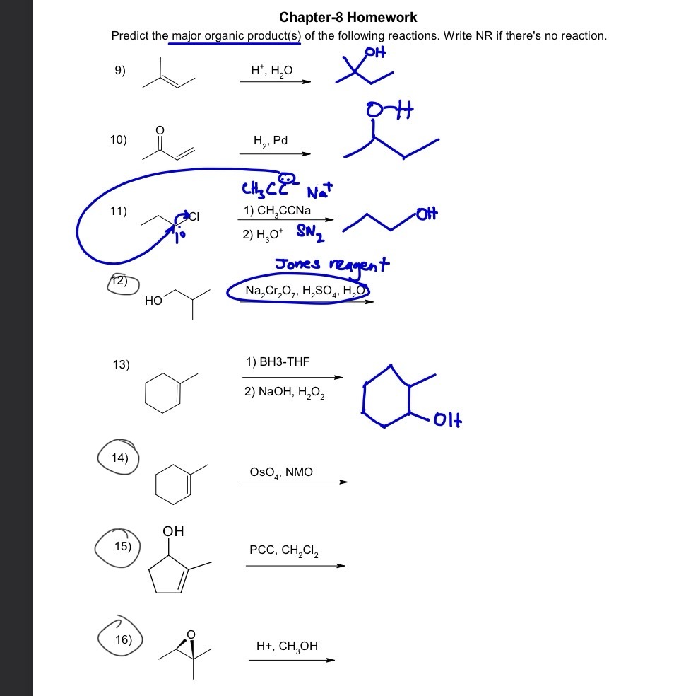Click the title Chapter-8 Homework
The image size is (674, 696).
(x=348, y=17)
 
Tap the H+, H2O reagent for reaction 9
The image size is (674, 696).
(x=271, y=70)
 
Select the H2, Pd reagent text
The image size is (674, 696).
(x=270, y=141)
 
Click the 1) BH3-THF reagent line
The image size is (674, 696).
(x=278, y=362)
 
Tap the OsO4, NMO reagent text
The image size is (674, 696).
(x=280, y=472)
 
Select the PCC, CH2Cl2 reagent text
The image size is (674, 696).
(x=284, y=551)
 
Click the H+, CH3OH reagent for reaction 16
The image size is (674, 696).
(x=287, y=646)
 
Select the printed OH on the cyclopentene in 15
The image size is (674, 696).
(x=173, y=530)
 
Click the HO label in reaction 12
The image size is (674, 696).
(x=153, y=301)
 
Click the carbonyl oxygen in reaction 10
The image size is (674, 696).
(x=160, y=129)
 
